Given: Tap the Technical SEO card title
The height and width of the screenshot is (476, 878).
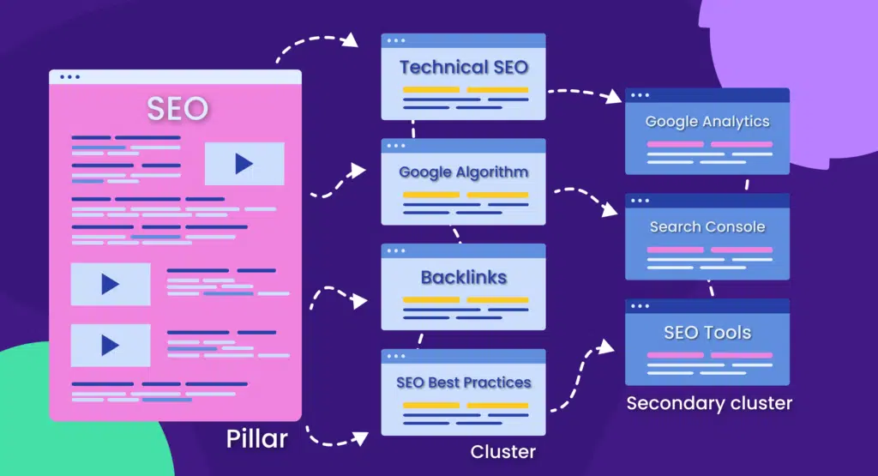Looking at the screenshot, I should (463, 67).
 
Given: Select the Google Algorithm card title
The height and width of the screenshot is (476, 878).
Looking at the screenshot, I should (463, 172).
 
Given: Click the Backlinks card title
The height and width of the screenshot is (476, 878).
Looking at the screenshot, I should (463, 277).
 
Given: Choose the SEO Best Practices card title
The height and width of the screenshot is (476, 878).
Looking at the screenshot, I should (463, 383).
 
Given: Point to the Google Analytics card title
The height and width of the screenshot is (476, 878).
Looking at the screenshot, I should (707, 122).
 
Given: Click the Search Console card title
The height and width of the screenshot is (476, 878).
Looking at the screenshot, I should (707, 227).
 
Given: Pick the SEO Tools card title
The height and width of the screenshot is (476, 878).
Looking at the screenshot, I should (707, 332).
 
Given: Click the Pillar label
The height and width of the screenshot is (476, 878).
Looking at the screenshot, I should (256, 439).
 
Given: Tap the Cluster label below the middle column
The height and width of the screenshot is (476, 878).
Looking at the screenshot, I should (502, 451).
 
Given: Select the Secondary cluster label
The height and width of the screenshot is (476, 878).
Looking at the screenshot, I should (709, 403).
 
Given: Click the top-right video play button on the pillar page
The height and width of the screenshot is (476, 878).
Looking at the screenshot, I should (244, 164).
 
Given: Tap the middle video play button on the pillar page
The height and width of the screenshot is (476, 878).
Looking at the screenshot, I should (111, 284).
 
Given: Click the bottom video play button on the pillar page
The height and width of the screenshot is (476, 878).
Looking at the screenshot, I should (111, 345).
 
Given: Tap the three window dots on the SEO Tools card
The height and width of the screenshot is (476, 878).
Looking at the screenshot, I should (640, 305).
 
